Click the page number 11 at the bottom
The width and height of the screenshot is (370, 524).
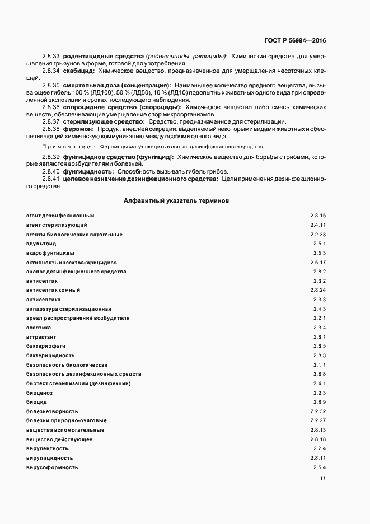pyautogui.click(x=322, y=479)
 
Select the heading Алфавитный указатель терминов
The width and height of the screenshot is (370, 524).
pyautogui.click(x=175, y=200)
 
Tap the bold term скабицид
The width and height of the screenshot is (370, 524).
pyautogui.click(x=79, y=72)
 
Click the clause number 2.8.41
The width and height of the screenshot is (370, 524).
pyautogui.click(x=50, y=178)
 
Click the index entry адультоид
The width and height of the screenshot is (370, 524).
pyautogui.click(x=41, y=244)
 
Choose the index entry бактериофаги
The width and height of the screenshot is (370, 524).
pyautogui.click(x=46, y=346)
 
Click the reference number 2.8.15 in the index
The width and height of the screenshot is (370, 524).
pyautogui.click(x=318, y=216)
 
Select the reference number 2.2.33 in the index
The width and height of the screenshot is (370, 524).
pyautogui.click(x=318, y=234)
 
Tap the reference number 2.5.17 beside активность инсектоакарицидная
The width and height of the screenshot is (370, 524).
pyautogui.click(x=318, y=262)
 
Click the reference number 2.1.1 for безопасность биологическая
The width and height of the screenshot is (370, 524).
pyautogui.click(x=320, y=364)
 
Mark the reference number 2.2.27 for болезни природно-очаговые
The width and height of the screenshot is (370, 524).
pyautogui.click(x=318, y=420)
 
